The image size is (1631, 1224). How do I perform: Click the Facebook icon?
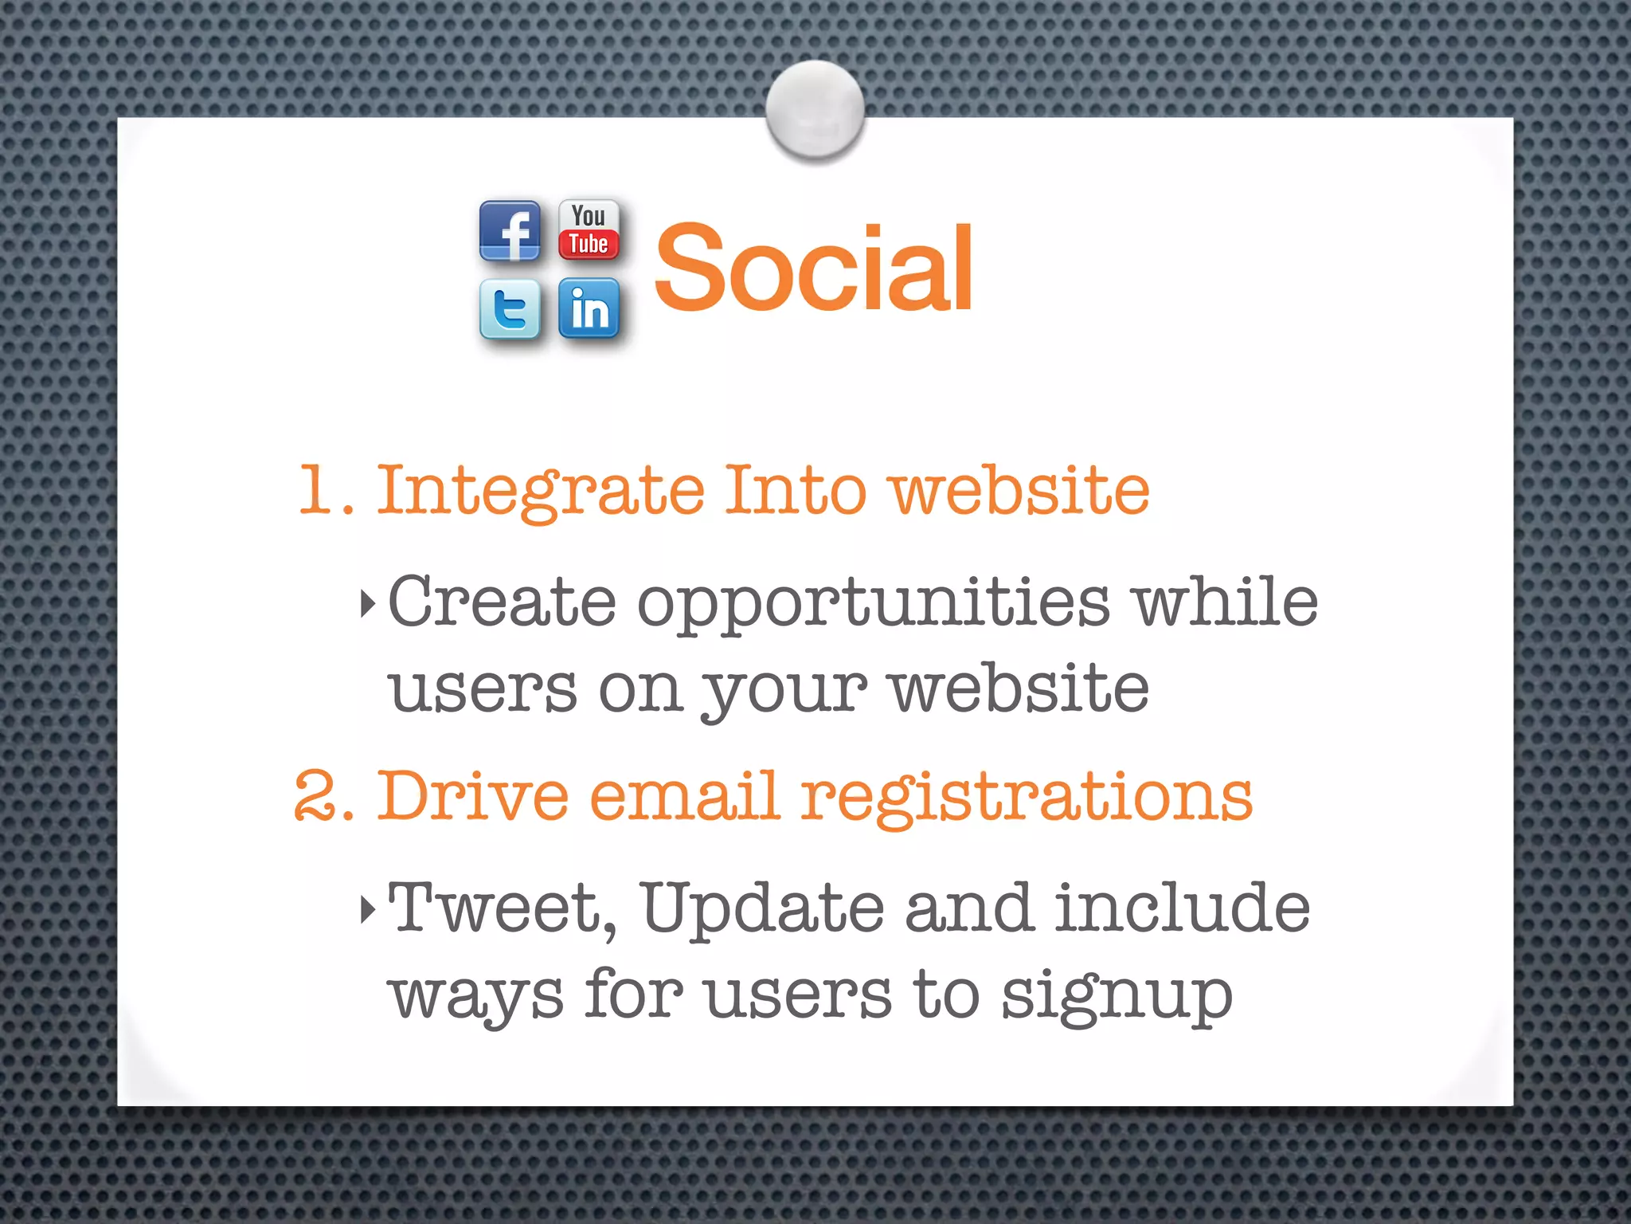510,231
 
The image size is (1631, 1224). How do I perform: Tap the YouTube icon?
589,230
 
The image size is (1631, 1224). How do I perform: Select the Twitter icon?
510,308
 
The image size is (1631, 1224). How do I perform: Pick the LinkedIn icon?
589,308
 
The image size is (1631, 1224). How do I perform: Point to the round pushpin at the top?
815,110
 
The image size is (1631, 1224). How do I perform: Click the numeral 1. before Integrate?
325,490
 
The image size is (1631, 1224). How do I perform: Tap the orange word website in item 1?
1019,490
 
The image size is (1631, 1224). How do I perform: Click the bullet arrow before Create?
367,603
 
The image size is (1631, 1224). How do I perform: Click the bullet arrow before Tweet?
367,908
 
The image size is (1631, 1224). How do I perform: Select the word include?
1183,908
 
